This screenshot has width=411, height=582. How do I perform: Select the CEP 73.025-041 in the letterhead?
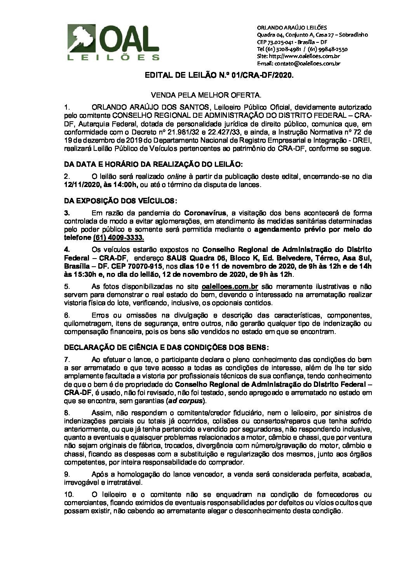[276, 42]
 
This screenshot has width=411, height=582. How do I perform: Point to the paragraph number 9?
[67, 474]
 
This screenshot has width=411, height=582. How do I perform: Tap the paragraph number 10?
[68, 495]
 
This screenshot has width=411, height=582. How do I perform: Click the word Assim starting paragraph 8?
[100, 412]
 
